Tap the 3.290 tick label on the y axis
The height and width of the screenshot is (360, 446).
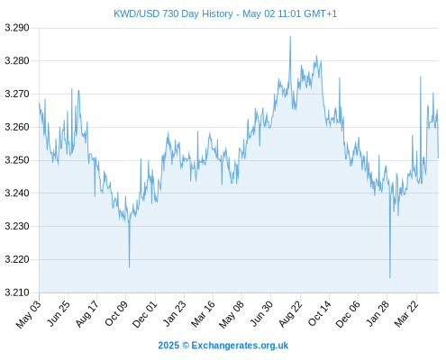pos(17,28)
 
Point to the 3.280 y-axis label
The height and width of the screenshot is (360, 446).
pos(17,61)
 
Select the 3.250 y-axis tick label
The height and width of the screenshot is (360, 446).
pos(17,160)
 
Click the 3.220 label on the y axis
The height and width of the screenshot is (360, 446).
pos(17,259)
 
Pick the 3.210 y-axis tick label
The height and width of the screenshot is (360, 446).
pos(17,292)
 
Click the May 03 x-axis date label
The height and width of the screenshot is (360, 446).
pos(29,314)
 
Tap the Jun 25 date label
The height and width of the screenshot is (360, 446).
pos(59,313)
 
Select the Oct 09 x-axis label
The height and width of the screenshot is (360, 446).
pos(116,313)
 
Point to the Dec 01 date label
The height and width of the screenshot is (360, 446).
pos(145,314)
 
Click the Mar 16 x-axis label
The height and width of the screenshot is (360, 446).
pos(203,314)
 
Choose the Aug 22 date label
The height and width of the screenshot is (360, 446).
pos(290,314)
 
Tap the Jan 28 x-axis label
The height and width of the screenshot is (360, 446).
pos(378,313)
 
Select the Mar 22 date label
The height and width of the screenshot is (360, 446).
pos(406,314)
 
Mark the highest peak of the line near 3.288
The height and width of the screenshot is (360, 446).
pos(290,36)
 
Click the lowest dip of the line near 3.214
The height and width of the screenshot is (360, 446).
pos(390,278)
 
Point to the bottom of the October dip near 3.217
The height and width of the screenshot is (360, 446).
pos(130,267)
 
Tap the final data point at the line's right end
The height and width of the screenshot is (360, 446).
pos(438,158)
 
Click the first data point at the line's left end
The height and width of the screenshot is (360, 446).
pos(39,103)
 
